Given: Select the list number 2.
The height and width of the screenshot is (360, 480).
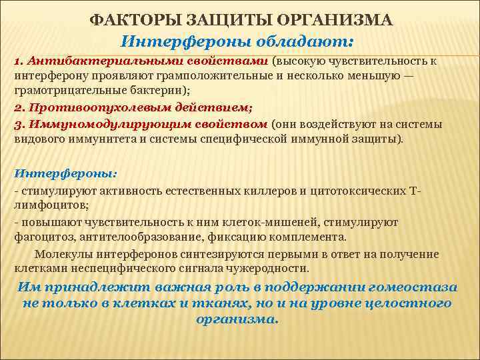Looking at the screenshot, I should (x=19, y=107).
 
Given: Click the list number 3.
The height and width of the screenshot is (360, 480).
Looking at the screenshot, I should (x=19, y=124).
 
